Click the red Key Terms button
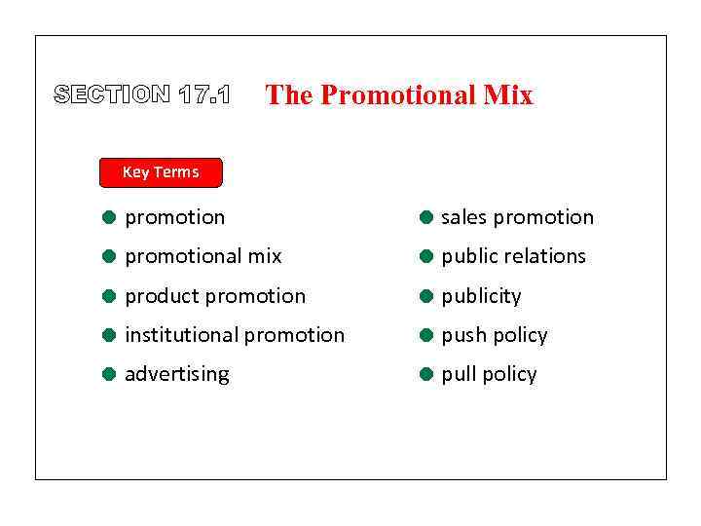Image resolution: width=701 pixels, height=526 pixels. point(161,172)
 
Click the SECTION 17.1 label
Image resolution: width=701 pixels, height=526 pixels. point(142,94)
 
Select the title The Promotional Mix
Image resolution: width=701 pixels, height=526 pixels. point(399,94)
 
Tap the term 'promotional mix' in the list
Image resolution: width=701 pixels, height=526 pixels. point(203,256)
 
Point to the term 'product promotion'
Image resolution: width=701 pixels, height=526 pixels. point(214,295)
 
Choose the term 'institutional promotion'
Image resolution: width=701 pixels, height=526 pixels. point(234,334)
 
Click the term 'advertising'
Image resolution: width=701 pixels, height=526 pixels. point(176,374)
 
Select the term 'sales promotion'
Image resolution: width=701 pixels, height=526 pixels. point(517,217)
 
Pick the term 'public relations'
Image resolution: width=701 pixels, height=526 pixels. point(513,256)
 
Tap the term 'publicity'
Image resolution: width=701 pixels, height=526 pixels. point(481,295)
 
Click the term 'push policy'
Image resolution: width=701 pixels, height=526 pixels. point(494,335)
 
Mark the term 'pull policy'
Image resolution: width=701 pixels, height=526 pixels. point(489,374)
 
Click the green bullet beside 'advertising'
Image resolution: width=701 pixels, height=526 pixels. point(110,374)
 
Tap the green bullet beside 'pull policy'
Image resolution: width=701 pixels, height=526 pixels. point(426,374)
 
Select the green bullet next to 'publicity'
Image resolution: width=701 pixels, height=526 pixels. point(426,296)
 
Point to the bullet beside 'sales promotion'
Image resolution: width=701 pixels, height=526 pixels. point(426,217)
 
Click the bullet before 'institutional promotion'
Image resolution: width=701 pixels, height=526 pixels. point(110,335)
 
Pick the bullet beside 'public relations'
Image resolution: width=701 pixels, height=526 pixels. point(426,257)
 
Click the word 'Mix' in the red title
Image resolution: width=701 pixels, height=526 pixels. point(507,94)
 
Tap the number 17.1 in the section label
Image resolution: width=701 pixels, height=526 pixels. point(204,94)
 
